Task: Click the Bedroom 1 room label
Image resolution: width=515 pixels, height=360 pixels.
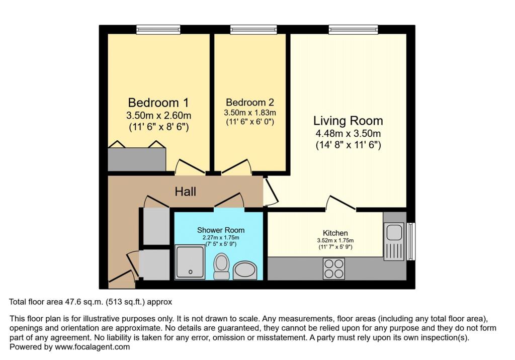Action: tap(158, 103)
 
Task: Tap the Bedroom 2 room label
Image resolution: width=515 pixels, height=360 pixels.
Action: tap(250, 102)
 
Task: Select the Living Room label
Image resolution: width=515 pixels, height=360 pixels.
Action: tap(348, 121)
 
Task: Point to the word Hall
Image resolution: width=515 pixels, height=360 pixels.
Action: tap(185, 192)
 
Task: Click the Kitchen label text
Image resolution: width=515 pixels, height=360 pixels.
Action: tap(335, 233)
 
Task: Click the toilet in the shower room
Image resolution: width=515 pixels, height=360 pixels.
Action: tap(221, 266)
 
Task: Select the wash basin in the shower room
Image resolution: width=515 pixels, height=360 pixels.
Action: tap(245, 270)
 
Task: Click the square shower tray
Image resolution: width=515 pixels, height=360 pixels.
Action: tap(190, 261)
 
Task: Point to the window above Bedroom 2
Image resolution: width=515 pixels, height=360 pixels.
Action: tap(250, 30)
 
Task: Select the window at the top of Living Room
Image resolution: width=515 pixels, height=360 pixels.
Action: tap(354, 30)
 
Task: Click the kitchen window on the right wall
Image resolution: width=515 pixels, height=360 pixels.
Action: tap(411, 241)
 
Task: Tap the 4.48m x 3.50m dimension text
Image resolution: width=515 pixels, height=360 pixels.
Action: tap(348, 134)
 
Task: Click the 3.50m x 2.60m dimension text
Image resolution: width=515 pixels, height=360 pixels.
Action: tap(158, 115)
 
